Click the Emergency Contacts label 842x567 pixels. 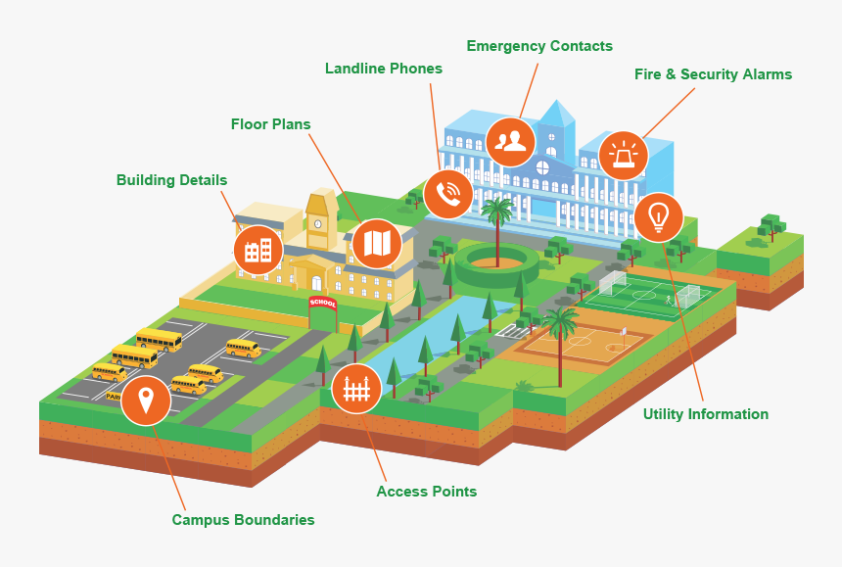(x=539, y=46)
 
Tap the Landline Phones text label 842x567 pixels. (x=384, y=69)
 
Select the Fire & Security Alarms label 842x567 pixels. (x=713, y=74)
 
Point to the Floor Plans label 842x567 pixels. (x=270, y=124)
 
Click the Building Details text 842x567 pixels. (x=172, y=180)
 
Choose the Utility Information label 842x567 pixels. (x=706, y=414)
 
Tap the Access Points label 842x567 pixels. (x=426, y=492)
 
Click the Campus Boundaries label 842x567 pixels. (x=243, y=520)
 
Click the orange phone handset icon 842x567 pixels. (x=448, y=194)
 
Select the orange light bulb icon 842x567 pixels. (x=658, y=217)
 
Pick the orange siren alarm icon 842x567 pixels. (x=623, y=156)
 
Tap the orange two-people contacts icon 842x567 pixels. (x=511, y=141)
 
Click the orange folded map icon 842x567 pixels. (x=377, y=244)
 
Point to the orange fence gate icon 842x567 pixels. (x=356, y=389)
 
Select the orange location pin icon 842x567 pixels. (x=146, y=401)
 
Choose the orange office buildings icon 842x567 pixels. (x=258, y=251)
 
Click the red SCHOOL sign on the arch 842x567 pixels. (x=323, y=303)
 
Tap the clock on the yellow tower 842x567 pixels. (x=318, y=224)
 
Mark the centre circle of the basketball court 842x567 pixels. (x=579, y=341)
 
